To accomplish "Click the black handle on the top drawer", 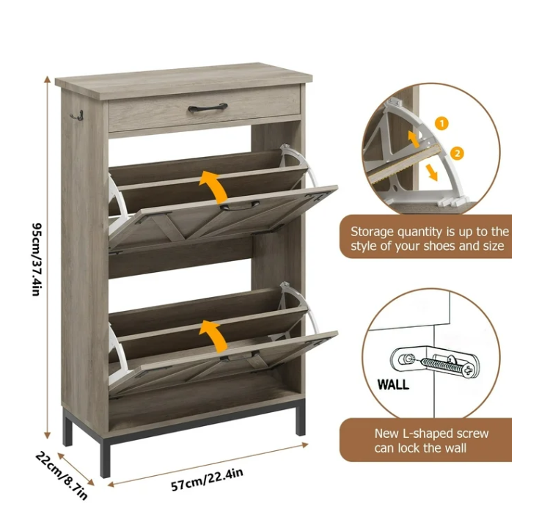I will (208, 108).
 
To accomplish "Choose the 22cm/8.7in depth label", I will (61, 474).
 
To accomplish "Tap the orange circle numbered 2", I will (457, 153).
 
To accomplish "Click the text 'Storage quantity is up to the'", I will (429, 231).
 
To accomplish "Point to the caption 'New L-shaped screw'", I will (431, 433).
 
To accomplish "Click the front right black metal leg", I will (301, 422).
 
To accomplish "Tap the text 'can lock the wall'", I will (420, 448).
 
